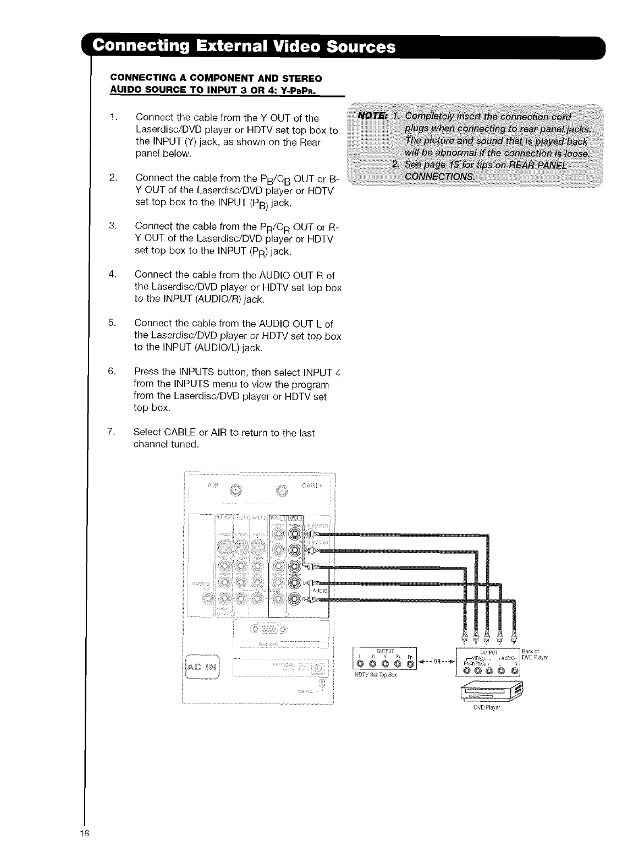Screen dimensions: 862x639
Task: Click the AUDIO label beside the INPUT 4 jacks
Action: pos(321,591)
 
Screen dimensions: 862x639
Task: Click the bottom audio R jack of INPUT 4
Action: pos(295,600)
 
